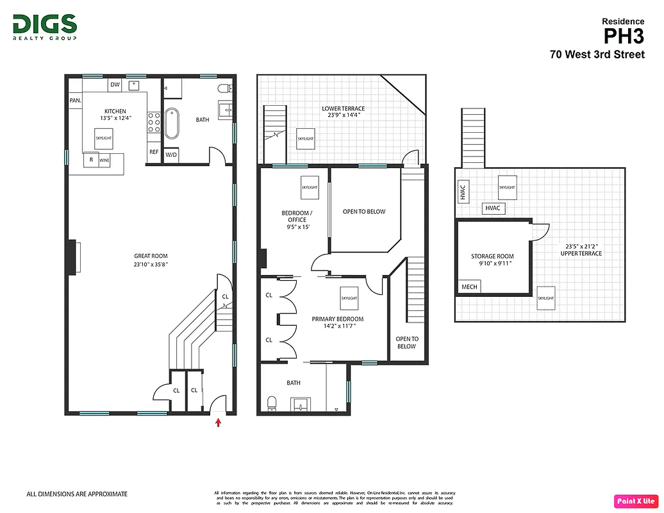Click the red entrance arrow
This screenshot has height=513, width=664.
click(x=219, y=422)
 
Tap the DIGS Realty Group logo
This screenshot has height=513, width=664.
click(x=45, y=28)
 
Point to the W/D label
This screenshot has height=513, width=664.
click(x=171, y=155)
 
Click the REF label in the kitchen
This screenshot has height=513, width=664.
click(x=154, y=152)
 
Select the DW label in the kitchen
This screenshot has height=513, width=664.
click(x=115, y=85)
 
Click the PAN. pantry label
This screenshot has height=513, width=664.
click(x=75, y=101)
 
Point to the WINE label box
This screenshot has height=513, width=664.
click(x=104, y=160)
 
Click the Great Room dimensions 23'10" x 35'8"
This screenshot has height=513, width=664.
click(x=151, y=264)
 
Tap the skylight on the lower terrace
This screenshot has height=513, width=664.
click(x=305, y=139)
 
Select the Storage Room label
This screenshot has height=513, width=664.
click(x=492, y=256)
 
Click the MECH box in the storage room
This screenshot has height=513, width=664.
click(x=469, y=287)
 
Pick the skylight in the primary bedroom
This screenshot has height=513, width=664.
click(x=349, y=298)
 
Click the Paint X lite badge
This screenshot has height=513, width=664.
click(x=636, y=501)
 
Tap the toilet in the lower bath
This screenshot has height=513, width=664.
click(x=271, y=403)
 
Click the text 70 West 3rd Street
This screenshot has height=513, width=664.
click(x=597, y=55)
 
